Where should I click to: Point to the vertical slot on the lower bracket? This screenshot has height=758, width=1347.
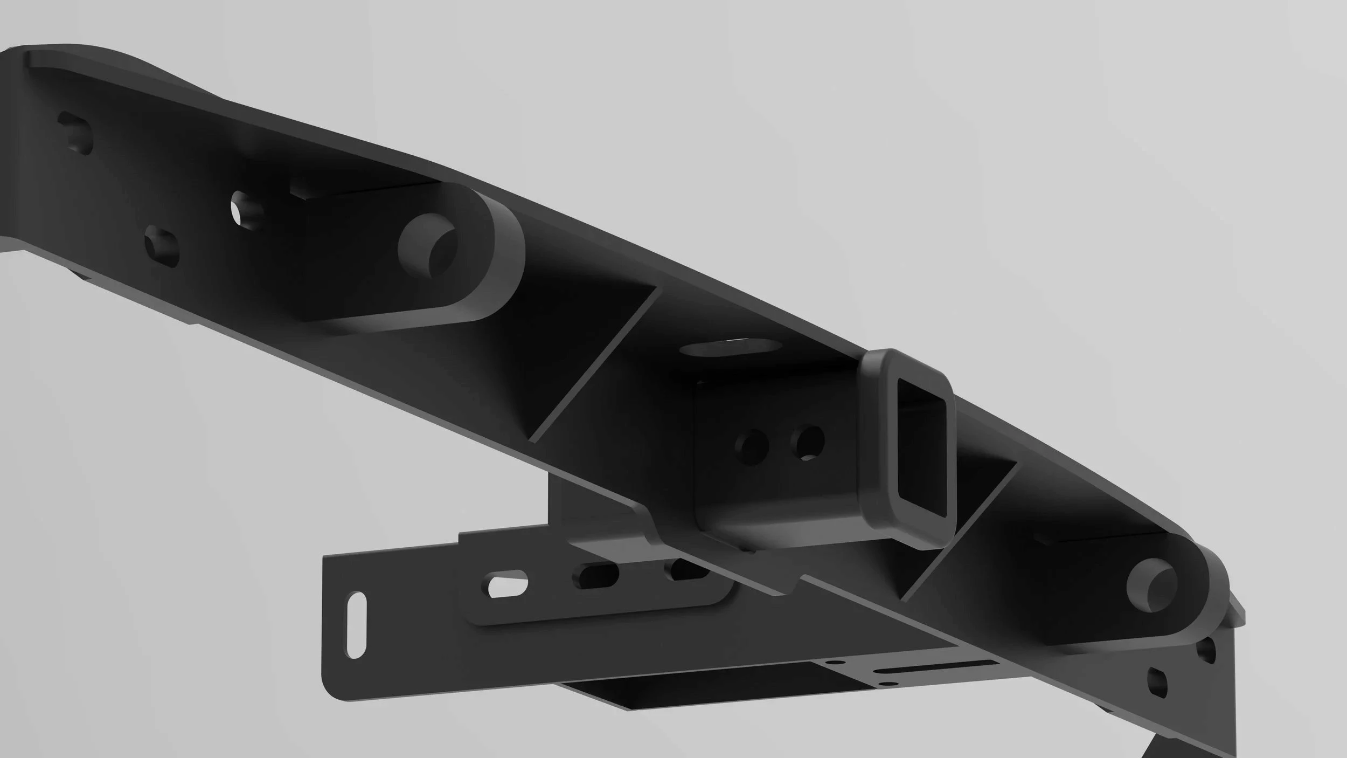[x=356, y=625]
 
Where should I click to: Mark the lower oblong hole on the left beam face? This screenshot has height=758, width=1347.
[x=162, y=247]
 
